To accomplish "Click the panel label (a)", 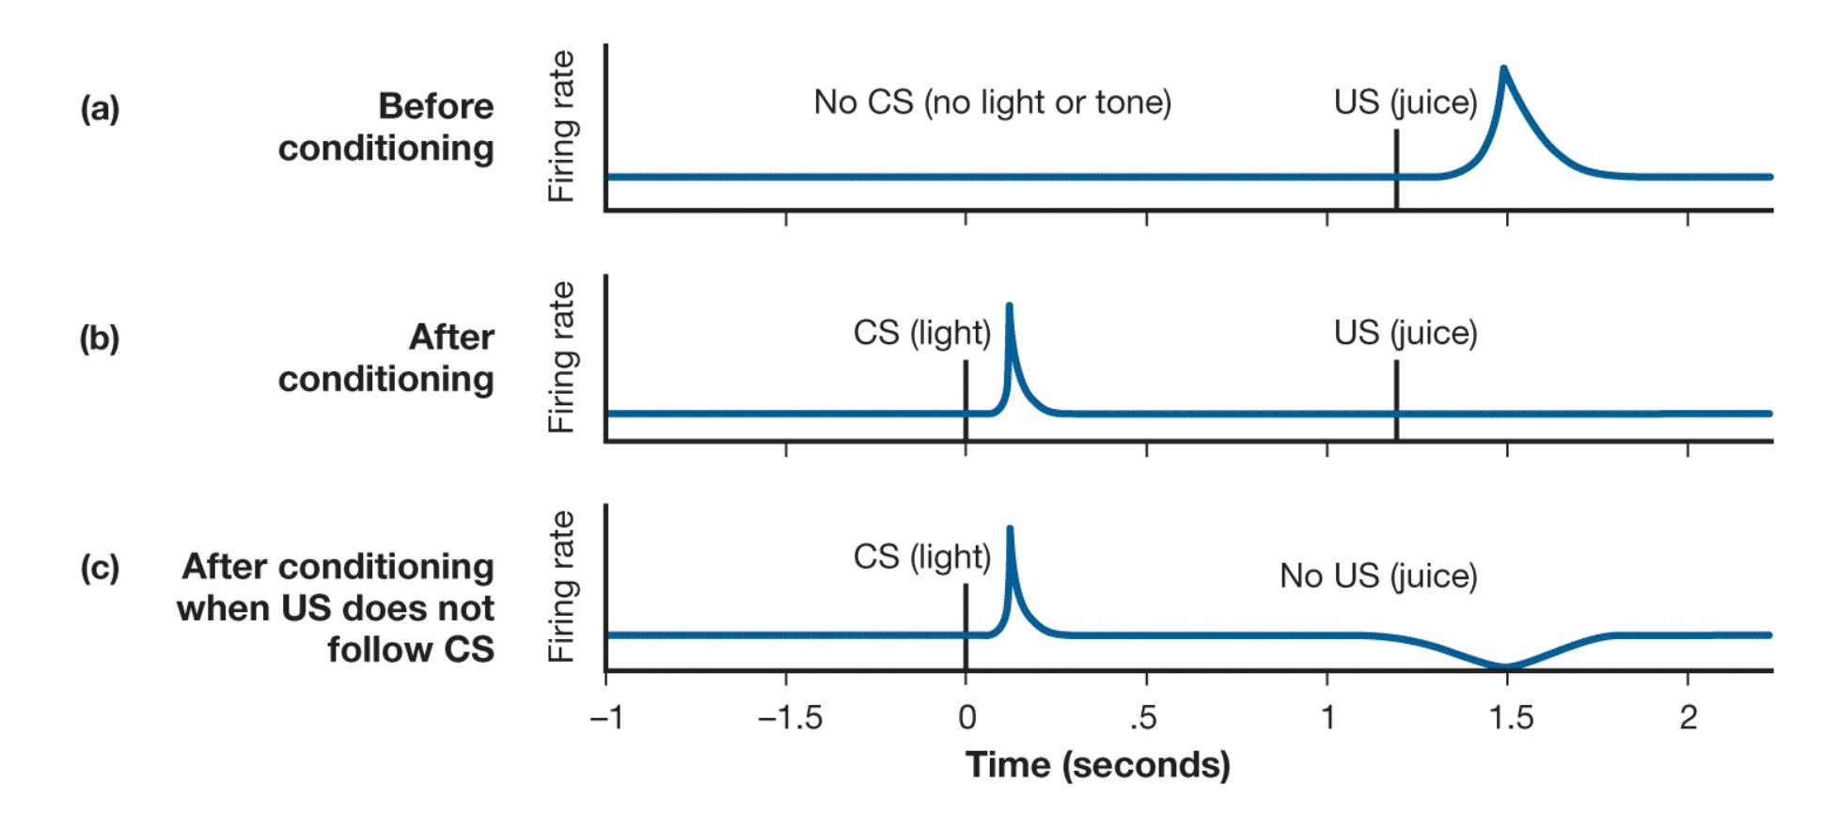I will pos(100,109).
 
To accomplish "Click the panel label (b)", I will pos(100,338).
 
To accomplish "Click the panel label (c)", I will pos(100,568).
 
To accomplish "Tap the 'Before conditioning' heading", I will pos(386,127).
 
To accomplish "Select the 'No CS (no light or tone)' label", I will pos(992,102).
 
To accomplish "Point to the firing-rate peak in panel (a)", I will pos(1503,69).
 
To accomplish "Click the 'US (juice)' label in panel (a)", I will pos(1405,102).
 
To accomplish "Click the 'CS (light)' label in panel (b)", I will pos(921,332).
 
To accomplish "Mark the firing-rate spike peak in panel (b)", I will pos(1009,305).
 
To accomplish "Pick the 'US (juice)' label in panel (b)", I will pos(1405,332).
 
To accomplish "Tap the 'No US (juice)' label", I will pos(1378,575).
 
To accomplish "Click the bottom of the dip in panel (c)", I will pos(1505,666).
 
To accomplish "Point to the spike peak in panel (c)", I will pos(1010,528).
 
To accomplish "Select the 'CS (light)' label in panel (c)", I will pos(921,556).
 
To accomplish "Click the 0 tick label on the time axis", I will pos(966,717).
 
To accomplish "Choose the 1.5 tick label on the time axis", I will pos(1510,717).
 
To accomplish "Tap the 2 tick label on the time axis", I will pos(1689,717).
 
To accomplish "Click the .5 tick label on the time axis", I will pos(1143,717).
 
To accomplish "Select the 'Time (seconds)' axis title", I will pos(1097,765).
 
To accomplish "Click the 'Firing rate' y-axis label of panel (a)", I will pos(561,127).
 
